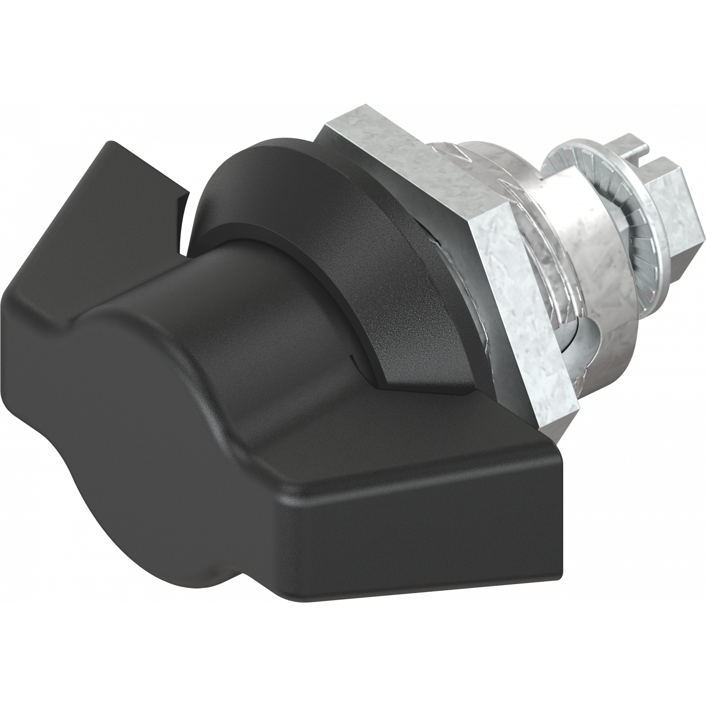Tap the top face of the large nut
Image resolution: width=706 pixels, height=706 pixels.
414,141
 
